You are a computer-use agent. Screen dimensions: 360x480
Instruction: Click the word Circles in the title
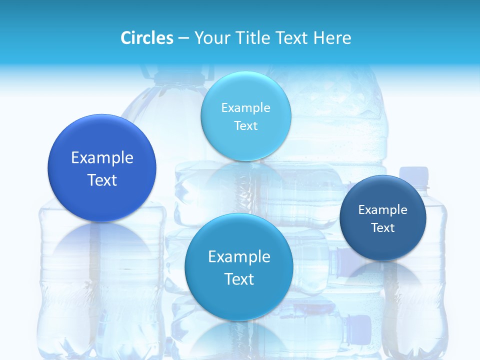146,38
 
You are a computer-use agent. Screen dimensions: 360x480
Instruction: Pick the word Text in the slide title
292,38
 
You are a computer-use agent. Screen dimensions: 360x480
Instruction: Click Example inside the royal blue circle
102,158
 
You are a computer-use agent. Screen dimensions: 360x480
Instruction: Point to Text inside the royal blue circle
102,180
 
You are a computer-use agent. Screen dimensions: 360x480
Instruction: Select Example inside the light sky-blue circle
246,108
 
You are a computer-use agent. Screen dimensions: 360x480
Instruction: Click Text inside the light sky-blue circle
246,125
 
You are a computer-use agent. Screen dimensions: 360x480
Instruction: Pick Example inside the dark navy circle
383,210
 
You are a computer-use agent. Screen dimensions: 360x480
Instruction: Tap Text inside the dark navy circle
383,228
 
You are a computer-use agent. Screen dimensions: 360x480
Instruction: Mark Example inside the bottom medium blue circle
239,257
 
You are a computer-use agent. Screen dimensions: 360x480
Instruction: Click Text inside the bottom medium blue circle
239,279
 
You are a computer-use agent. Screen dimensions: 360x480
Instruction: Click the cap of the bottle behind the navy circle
414,173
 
